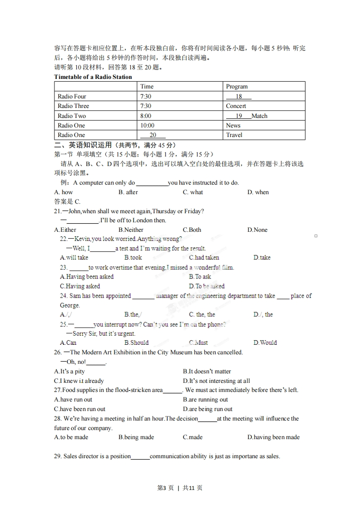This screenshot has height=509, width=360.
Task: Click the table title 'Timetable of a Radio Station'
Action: tap(93, 77)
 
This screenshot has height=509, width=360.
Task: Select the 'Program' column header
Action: tap(237, 87)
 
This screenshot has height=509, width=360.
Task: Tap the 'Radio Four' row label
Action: tap(72, 96)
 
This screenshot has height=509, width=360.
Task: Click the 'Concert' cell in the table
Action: tap(236, 106)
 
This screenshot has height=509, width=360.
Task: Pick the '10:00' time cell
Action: tap(147, 125)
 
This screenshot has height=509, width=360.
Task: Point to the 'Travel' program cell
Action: tap(234, 135)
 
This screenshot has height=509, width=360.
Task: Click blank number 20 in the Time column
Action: tap(153, 135)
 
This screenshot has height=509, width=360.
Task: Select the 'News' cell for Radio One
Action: tap(233, 125)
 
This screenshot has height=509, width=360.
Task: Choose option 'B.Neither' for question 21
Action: tap(131, 230)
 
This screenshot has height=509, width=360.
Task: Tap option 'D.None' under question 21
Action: tap(257, 230)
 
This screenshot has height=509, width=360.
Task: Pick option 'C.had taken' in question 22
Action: tap(204, 258)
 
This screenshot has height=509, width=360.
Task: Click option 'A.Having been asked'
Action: tap(87, 277)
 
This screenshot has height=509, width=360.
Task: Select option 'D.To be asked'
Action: tap(207, 286)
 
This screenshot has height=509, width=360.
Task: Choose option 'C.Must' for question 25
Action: tap(198, 343)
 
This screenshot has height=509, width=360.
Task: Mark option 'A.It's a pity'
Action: tap(69, 371)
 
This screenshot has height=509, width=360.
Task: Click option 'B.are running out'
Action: tap(205, 400)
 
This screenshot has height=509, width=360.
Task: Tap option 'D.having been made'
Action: tap(273, 437)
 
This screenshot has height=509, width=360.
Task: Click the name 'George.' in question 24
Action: tap(70, 305)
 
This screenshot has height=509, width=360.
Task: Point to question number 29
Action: tap(58, 456)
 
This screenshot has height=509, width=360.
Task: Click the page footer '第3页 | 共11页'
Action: tap(180, 488)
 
